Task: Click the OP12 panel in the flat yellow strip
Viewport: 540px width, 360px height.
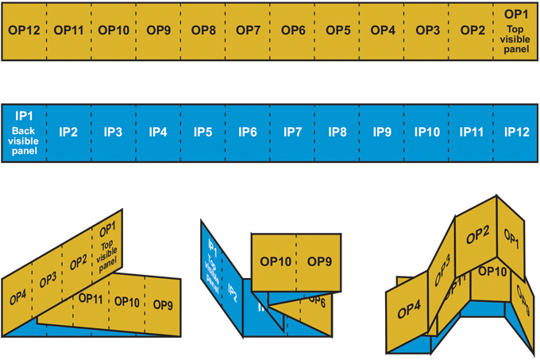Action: pos(25,30)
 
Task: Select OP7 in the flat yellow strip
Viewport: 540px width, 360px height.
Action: pos(249,30)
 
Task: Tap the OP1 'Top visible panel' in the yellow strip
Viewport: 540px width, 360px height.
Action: pos(515,30)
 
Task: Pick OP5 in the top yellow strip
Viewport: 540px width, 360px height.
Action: pos(337,30)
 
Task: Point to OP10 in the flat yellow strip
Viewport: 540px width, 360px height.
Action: pos(114,30)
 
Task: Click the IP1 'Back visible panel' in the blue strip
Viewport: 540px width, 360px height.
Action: pos(25,131)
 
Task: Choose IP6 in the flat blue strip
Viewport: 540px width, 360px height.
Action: pos(249,132)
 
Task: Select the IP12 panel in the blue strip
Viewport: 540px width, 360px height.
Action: pos(515,132)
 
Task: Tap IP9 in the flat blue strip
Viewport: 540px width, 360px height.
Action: pos(382,132)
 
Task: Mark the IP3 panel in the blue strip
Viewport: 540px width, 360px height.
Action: pos(114,132)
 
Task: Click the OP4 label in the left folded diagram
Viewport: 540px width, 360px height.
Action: pos(17,297)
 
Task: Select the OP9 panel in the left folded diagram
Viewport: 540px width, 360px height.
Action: pos(163,305)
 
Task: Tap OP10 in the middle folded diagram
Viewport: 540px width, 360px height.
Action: pos(276,261)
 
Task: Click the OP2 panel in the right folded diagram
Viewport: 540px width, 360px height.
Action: pos(477,234)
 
